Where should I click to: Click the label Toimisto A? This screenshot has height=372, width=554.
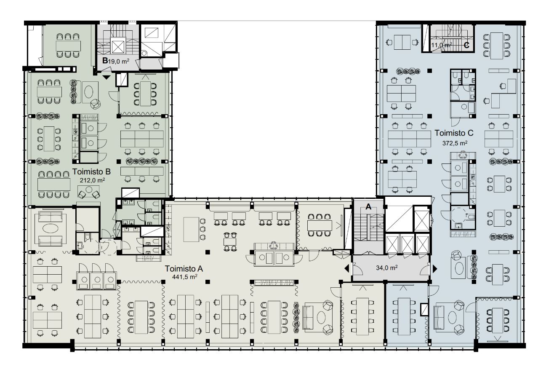tap(184, 268)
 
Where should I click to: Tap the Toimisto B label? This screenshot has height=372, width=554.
tap(91, 171)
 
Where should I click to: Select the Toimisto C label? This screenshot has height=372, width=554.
tap(454, 133)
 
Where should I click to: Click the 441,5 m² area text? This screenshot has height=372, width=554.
tap(184, 276)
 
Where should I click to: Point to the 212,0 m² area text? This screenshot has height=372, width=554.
tap(92, 180)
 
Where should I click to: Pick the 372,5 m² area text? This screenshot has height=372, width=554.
tap(455, 143)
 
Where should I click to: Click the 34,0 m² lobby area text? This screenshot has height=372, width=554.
tap(387, 268)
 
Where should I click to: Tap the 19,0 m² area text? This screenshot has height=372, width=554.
tap(118, 61)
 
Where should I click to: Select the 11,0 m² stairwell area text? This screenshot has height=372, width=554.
tap(442, 45)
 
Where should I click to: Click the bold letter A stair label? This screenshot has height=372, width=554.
tap(368, 206)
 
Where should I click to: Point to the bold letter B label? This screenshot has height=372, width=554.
tap(105, 60)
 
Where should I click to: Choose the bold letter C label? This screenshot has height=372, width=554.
tap(466, 45)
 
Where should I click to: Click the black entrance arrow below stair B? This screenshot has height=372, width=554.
tap(107, 78)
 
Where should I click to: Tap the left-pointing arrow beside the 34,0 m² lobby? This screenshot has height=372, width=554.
tap(347, 268)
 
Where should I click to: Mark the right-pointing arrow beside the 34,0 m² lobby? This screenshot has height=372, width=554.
tap(435, 268)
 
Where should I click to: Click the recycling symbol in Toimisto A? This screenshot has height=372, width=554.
tap(274, 245)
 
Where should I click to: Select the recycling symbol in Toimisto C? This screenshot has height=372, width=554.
tap(463, 155)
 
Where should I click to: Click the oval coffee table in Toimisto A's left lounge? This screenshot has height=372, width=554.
tap(51, 228)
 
